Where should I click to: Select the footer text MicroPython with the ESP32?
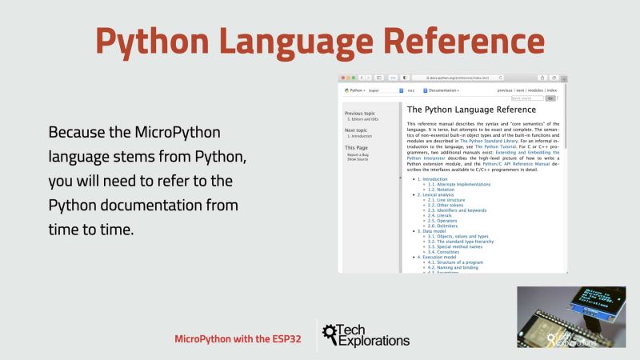pos(238,338)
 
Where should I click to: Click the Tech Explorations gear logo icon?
pos(327,336)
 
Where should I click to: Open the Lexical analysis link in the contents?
pos(436,194)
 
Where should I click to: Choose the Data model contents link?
pos(430,230)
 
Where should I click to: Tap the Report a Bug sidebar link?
pos(358,154)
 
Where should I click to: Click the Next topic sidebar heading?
pos(356,130)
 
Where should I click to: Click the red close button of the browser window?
pos(342,78)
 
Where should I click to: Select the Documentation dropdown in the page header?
pos(442,91)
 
